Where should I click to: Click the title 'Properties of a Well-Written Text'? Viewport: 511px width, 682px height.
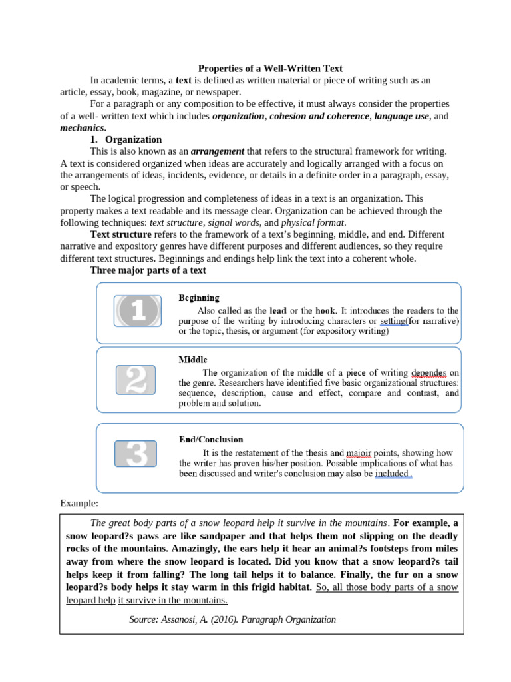[271, 68]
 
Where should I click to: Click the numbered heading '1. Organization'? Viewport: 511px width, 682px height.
[126, 139]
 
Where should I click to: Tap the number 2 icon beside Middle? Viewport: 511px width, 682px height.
[136, 380]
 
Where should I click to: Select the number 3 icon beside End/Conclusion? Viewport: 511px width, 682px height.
[136, 454]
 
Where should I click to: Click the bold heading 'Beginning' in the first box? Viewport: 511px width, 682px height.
[199, 298]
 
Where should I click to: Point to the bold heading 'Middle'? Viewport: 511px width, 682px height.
[192, 360]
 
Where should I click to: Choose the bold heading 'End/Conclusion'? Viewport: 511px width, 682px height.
[211, 440]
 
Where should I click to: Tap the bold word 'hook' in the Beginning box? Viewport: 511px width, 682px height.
[325, 310]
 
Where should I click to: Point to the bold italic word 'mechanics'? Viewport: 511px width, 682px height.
[82, 127]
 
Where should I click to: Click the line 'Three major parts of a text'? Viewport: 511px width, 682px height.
[148, 270]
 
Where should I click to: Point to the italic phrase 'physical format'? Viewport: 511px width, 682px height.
[313, 222]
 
